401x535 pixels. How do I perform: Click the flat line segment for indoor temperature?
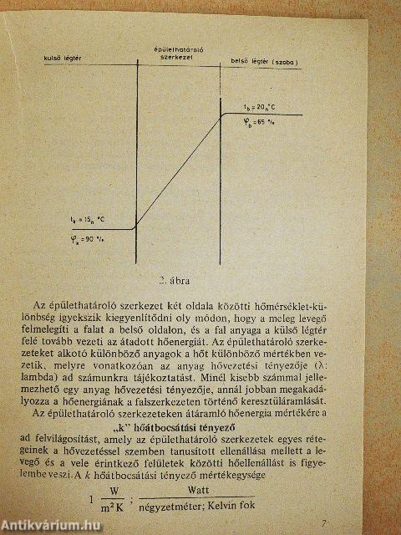click(x=267, y=114)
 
